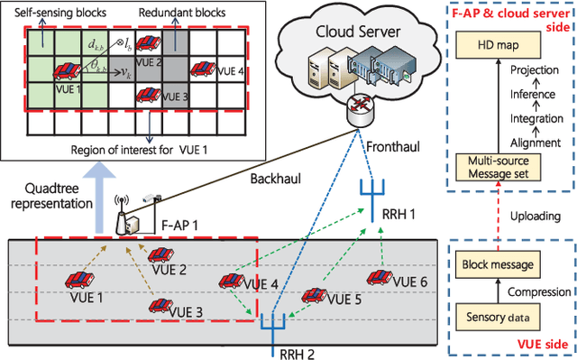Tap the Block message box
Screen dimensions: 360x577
click(x=499, y=266)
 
